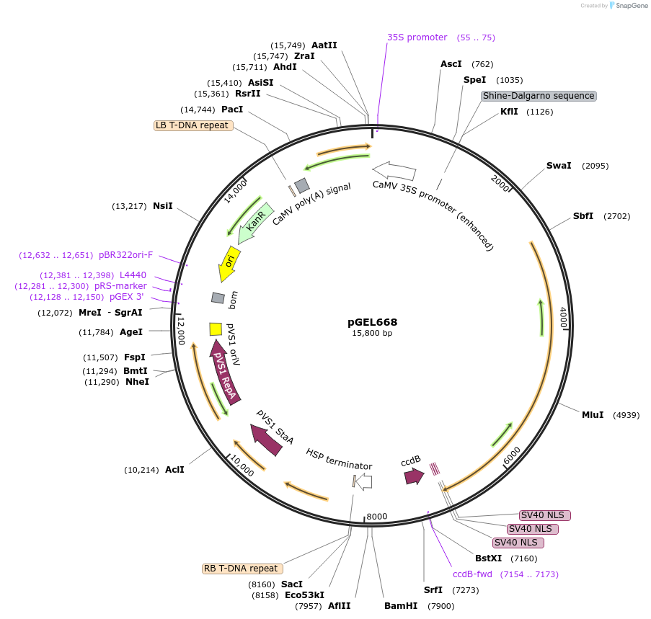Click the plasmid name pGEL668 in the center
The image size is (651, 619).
[372, 322]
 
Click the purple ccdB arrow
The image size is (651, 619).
[414, 476]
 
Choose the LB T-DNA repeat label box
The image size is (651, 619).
[192, 125]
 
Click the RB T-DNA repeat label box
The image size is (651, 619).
[241, 569]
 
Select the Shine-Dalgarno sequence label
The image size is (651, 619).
[539, 96]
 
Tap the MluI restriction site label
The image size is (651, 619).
[595, 415]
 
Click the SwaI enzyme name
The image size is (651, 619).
[559, 166]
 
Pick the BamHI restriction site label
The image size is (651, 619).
[401, 606]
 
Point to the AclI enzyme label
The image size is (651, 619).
[174, 470]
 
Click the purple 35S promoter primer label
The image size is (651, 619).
[417, 37]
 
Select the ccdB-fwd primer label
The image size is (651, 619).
[472, 574]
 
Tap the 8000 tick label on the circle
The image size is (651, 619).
[377, 517]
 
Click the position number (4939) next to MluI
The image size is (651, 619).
[626, 415]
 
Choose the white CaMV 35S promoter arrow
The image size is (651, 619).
[394, 172]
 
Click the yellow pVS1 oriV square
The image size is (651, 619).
[215, 329]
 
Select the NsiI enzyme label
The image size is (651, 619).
[162, 206]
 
